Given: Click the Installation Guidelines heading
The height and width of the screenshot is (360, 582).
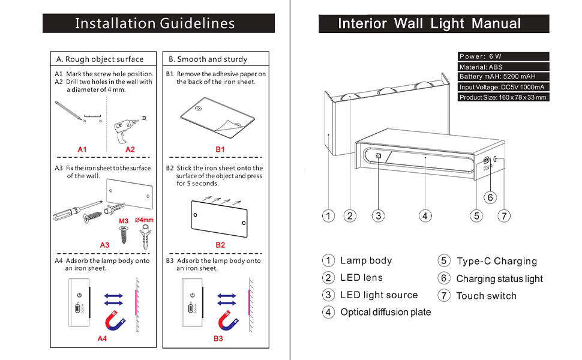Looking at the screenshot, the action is (x=155, y=23).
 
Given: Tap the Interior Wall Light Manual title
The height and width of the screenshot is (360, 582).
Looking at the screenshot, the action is (x=430, y=24).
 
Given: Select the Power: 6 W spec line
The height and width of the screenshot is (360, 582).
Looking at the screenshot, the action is (x=480, y=56).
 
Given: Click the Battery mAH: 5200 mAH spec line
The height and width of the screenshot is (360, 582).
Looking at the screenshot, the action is (x=497, y=76).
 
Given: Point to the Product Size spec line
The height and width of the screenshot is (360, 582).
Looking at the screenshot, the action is (x=503, y=97).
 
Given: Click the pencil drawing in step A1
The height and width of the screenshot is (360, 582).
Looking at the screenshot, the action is (x=68, y=110).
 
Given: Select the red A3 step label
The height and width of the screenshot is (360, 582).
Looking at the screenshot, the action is (x=104, y=245).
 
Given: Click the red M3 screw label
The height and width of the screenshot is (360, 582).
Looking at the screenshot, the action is (x=124, y=221).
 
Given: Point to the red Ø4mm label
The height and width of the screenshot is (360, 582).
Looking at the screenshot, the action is (x=144, y=220).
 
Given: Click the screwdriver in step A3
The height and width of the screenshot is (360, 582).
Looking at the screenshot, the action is (x=77, y=211).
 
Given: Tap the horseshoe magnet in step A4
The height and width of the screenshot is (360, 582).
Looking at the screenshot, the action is (x=115, y=320).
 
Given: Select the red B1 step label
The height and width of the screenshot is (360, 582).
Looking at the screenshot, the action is (x=220, y=149).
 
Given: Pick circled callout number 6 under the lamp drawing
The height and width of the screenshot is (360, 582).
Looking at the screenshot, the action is (x=490, y=197).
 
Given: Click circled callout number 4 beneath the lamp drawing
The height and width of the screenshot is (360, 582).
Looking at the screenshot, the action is (x=425, y=215).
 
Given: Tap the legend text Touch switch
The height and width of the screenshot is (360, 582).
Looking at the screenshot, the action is (x=486, y=296).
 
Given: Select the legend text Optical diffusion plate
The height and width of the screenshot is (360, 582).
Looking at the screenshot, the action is (x=386, y=312).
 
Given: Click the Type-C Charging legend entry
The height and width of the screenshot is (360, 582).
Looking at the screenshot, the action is (x=497, y=261).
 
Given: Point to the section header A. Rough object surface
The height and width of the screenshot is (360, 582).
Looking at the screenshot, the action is (x=100, y=59).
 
